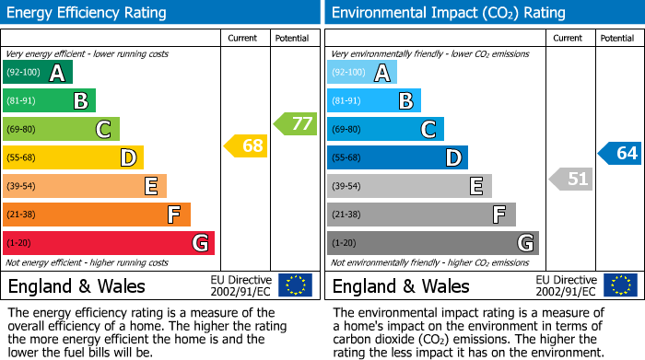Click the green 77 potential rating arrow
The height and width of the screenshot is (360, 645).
point(296,123)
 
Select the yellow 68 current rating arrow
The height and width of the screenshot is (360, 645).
point(247,145)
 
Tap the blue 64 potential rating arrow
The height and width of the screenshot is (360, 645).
point(620,153)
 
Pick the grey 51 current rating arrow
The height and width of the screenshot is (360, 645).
point(571,179)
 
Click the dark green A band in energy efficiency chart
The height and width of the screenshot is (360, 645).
point(37,73)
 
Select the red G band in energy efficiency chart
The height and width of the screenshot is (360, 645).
point(108,243)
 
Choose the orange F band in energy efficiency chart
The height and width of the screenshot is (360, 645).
point(96,215)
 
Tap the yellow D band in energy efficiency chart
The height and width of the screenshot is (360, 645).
point(73,157)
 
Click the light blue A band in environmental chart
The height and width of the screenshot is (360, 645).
point(361,73)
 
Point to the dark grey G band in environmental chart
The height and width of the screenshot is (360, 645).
point(432,243)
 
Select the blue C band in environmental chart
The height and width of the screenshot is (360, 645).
point(385,129)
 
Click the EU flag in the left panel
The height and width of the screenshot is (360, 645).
point(295,285)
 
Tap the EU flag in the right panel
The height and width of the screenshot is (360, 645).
point(619,285)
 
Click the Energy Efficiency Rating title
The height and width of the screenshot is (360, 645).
point(88,13)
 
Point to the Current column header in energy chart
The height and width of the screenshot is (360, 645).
point(244,38)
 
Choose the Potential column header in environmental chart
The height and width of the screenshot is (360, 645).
point(616,38)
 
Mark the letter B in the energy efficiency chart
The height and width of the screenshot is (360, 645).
point(80,101)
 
